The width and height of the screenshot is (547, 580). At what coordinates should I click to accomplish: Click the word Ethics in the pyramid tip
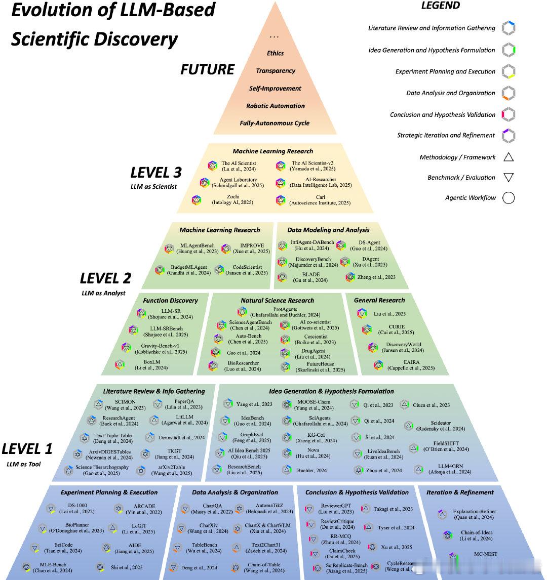click(x=275, y=53)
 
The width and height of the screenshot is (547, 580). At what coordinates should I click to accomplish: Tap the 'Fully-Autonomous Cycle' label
click(x=275, y=123)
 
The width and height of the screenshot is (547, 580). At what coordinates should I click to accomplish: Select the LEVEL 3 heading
click(x=156, y=173)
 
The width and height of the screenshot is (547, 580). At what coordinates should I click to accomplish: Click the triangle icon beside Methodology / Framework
click(x=509, y=157)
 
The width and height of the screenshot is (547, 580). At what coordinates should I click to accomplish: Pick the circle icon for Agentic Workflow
click(x=509, y=198)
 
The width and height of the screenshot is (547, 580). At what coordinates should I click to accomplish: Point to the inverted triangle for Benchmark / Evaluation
click(x=509, y=178)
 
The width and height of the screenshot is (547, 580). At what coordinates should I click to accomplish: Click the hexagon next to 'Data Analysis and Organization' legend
click(x=509, y=93)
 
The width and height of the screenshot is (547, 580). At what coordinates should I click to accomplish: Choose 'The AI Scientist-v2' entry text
click(x=310, y=163)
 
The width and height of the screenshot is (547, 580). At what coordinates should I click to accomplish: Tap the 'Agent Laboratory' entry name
click(x=238, y=180)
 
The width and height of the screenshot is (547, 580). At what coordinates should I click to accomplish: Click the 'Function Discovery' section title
click(x=170, y=301)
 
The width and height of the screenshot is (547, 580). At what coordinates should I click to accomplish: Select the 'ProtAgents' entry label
click(x=285, y=309)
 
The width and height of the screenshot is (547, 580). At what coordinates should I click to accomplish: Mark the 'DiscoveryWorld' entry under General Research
click(x=400, y=345)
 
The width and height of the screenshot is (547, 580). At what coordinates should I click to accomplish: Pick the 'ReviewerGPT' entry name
click(x=336, y=506)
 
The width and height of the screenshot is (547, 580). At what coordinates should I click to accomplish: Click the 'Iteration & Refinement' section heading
click(x=460, y=492)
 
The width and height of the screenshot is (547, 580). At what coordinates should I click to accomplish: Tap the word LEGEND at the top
click(x=441, y=6)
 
